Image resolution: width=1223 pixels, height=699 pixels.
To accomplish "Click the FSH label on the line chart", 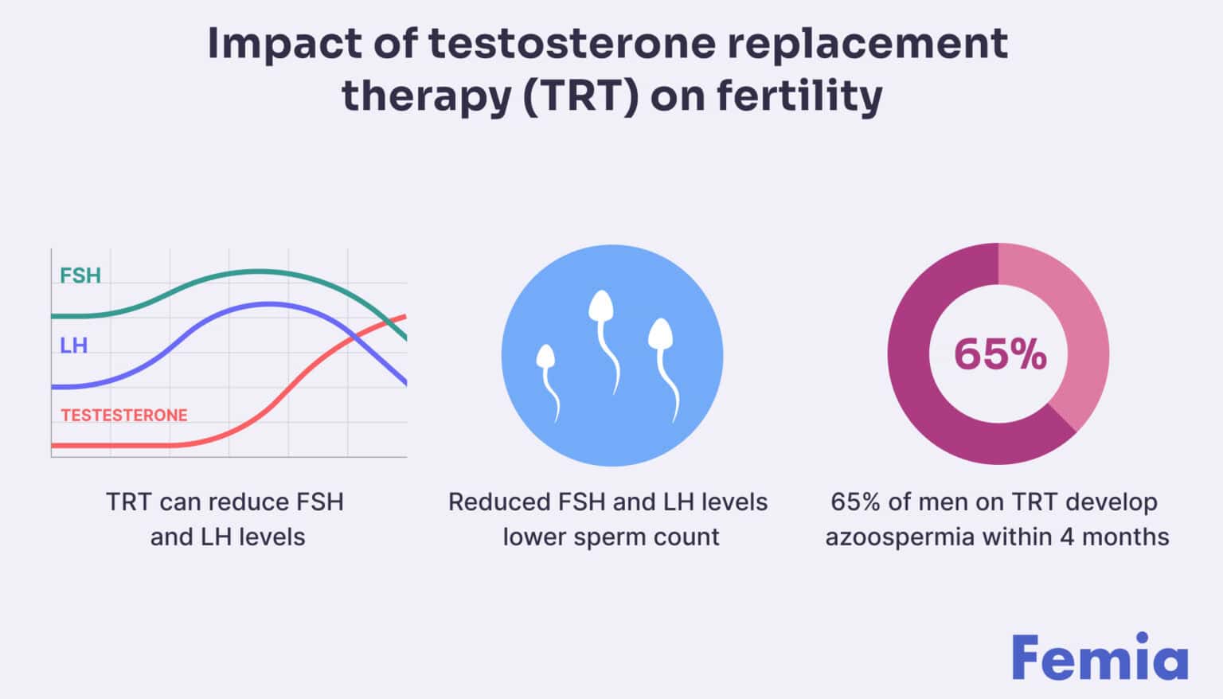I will [80, 275].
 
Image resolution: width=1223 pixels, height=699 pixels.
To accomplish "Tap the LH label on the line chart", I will [73, 346].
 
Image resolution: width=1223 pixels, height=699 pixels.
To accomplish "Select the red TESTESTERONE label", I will [124, 415].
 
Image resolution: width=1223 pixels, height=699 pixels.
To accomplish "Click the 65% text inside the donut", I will [999, 354].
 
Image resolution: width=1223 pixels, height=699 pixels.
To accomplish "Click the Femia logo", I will [1100, 658].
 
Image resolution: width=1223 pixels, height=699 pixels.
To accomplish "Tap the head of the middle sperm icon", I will [600, 306].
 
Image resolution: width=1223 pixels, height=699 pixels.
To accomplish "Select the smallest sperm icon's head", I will [545, 357].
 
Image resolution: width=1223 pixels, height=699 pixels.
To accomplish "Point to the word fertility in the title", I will [799, 96].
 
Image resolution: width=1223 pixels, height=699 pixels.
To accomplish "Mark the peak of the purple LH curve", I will [269, 303].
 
